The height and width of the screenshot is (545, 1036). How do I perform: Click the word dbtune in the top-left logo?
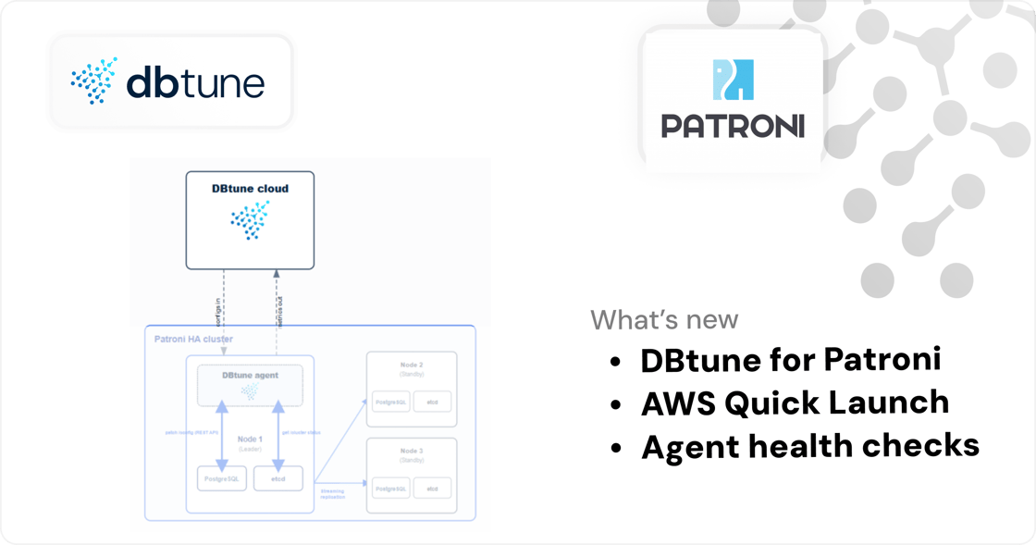pos(194,83)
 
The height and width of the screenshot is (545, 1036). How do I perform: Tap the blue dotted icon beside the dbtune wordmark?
pos(94,81)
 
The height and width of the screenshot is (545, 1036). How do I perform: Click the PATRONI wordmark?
pos(733,126)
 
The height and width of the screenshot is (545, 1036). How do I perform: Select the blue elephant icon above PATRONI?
pos(733,81)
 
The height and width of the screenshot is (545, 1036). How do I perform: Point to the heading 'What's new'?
pos(664,320)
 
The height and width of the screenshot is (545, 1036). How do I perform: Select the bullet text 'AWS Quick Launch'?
pos(795,403)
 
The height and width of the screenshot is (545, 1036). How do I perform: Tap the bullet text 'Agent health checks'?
pos(809,446)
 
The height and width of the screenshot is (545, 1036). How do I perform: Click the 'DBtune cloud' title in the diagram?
pos(250,189)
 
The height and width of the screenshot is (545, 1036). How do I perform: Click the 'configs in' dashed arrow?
pos(224,296)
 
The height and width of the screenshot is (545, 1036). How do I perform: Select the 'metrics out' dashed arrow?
pos(276,296)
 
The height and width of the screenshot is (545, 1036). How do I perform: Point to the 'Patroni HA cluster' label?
pos(193,340)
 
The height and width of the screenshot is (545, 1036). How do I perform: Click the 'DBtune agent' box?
pos(250,384)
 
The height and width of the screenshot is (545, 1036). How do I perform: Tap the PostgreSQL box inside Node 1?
pos(222,478)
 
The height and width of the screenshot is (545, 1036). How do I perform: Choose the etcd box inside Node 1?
pos(277,478)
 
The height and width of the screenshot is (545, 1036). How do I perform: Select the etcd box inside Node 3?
pos(432,488)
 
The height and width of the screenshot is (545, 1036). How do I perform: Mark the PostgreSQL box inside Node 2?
pos(388,402)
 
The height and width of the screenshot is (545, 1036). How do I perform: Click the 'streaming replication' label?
pos(332,494)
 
